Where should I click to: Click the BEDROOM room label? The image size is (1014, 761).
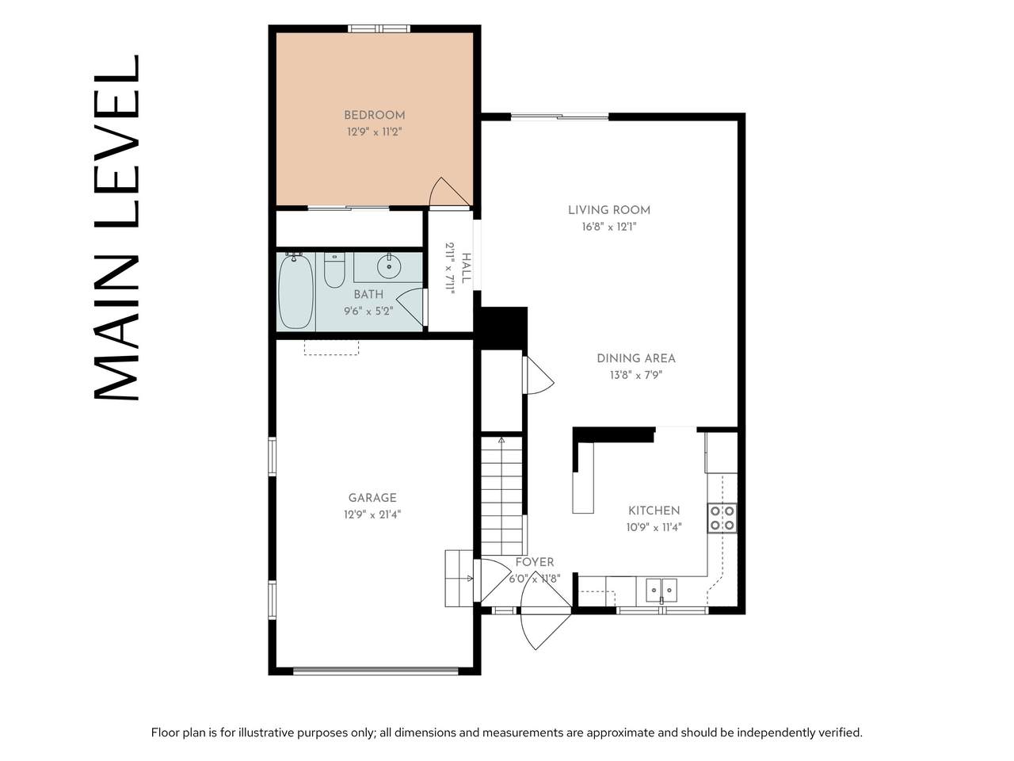coord(374,115)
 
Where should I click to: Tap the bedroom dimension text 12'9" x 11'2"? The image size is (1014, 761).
coord(374,132)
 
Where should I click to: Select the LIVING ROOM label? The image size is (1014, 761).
coord(609,210)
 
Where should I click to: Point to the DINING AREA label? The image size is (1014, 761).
coord(635,358)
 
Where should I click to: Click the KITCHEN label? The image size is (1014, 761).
coord(654,511)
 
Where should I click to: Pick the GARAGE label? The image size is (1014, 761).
coord(372,498)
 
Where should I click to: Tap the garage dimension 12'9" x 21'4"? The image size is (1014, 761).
coord(372,514)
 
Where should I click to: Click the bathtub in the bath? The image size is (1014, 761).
coord(295,292)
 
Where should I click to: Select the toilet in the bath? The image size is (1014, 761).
coord(334,270)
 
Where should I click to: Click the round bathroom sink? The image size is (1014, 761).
coord(388,266)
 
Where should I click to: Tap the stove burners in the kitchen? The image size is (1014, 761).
coord(722,518)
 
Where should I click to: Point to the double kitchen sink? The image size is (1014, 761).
coord(661,591)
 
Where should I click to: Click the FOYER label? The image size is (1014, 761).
coord(535,562)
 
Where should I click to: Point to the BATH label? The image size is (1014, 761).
coord(368,294)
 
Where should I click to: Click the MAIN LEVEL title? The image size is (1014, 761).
coord(117,228)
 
